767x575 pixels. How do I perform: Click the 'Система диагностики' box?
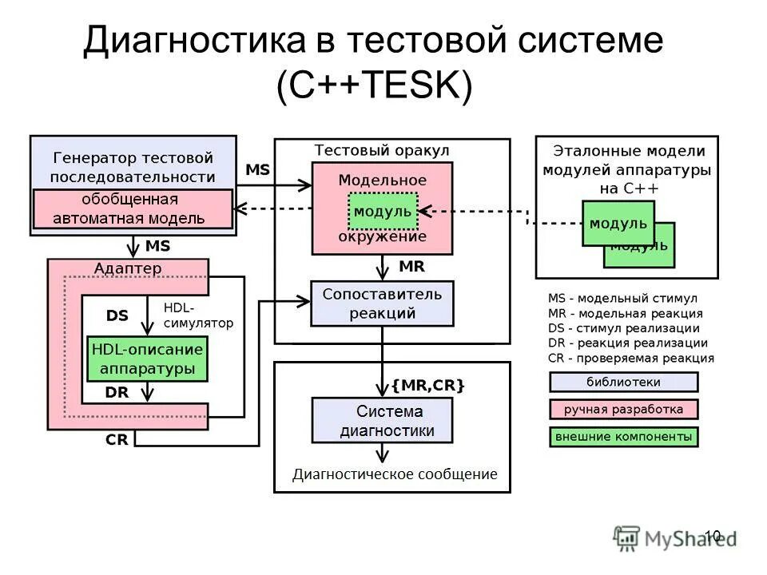click(382, 421)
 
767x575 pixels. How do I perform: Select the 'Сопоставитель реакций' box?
click(382, 303)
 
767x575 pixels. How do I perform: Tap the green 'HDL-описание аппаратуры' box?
click(147, 359)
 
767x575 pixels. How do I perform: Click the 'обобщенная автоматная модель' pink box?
click(133, 208)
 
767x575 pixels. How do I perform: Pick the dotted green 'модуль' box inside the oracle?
click(383, 212)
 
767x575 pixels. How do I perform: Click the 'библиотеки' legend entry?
click(623, 382)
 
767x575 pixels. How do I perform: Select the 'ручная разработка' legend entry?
click(623, 410)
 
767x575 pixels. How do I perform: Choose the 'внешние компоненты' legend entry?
click(623, 437)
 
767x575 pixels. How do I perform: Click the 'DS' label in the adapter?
click(117, 315)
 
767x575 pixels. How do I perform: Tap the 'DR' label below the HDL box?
click(117, 392)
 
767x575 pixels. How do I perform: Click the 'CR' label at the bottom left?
click(117, 440)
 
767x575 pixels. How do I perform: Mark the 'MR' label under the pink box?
click(411, 265)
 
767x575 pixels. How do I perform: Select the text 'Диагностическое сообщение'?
click(395, 474)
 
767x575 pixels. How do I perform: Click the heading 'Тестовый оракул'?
click(382, 151)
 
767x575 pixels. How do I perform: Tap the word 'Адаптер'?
click(128, 268)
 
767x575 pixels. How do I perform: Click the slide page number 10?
click(713, 536)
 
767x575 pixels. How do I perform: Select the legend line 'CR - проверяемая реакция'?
click(631, 359)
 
